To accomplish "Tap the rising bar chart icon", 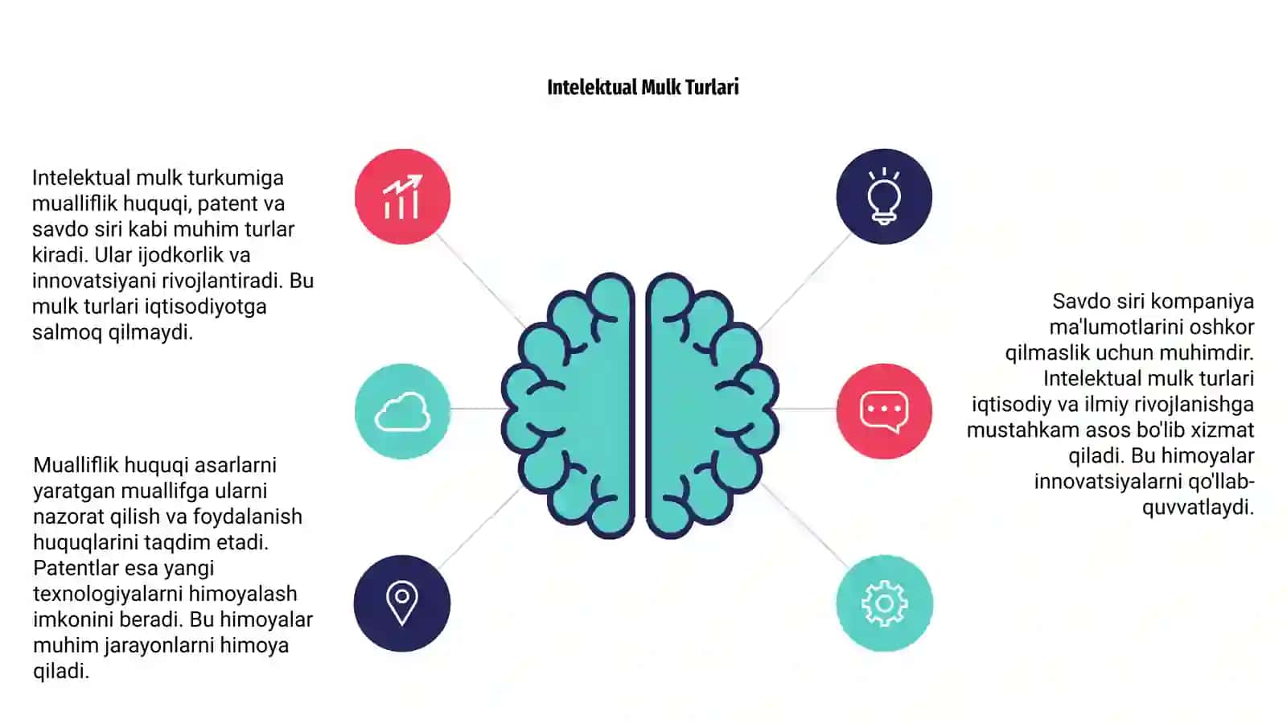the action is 403,196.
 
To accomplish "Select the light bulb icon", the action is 884,196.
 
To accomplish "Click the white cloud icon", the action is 402,411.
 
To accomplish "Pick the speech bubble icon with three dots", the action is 884,411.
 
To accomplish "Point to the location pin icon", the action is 402,603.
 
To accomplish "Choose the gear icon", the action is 885,603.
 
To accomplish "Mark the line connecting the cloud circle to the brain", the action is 477,409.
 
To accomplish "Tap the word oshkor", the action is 1222,327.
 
